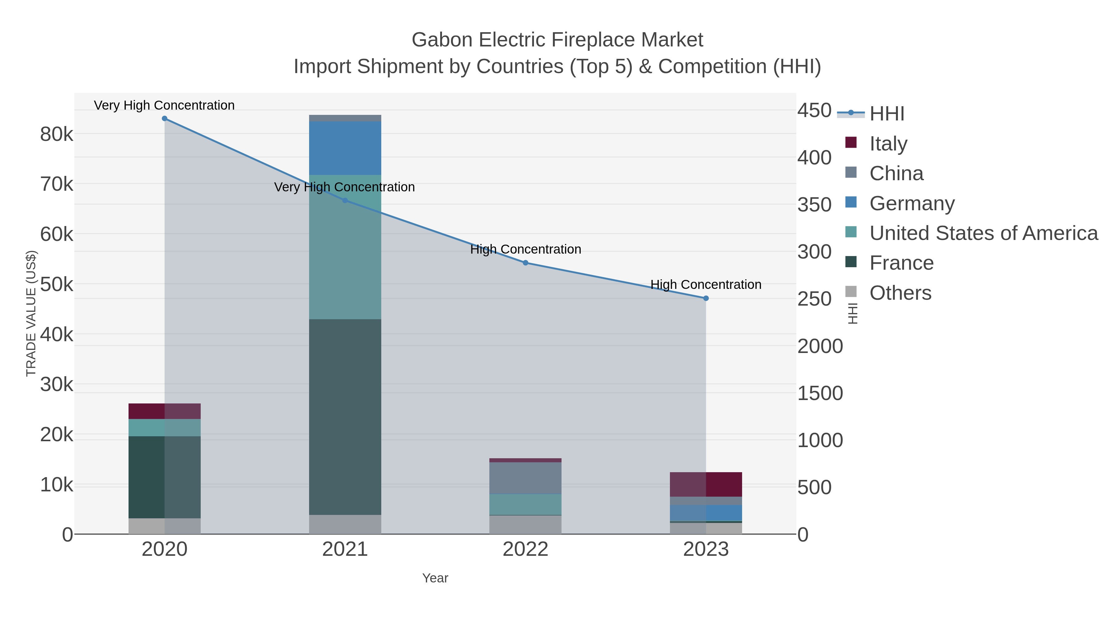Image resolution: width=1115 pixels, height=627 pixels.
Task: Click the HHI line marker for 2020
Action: coord(164,119)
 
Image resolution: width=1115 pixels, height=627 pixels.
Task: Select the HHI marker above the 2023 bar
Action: coord(706,298)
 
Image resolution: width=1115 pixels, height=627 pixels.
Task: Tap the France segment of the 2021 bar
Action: coord(345,417)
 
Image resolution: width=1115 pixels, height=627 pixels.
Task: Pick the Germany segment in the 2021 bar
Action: coord(345,148)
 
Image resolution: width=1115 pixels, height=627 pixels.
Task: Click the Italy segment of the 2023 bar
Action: coord(706,484)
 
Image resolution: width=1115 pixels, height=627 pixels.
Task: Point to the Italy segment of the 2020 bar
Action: coord(164,411)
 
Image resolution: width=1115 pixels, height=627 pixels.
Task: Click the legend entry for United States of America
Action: coord(983,233)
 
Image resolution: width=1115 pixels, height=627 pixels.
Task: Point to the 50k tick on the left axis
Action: coord(57,284)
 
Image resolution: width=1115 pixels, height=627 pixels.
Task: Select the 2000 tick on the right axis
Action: coord(820,346)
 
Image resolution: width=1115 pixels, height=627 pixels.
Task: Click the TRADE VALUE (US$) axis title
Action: coord(31,313)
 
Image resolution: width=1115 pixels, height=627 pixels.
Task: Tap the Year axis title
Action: coord(435,578)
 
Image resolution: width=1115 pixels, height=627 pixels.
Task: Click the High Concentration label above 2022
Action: coord(526,249)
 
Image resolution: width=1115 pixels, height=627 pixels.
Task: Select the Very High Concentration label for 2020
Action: coord(164,105)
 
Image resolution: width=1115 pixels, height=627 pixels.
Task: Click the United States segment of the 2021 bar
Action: coord(345,247)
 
